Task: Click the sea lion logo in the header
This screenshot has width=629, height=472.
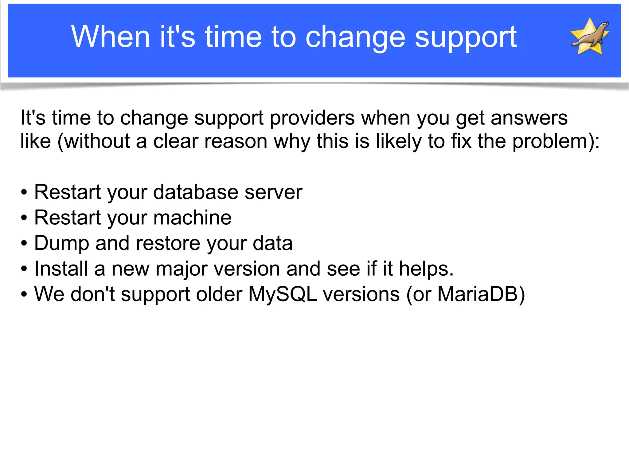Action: coord(590,36)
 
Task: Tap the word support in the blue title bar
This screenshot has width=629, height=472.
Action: coord(466,37)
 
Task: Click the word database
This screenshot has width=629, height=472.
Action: coord(196,192)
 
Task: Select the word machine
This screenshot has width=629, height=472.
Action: coord(192,218)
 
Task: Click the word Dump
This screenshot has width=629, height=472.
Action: coord(61,243)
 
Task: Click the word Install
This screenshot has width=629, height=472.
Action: coord(61,269)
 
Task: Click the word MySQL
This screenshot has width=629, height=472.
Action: coord(282,294)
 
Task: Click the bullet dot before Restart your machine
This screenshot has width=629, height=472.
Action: coord(24,218)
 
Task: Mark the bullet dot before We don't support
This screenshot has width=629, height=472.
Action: coord(24,294)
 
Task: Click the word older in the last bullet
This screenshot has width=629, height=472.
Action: coord(219,294)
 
